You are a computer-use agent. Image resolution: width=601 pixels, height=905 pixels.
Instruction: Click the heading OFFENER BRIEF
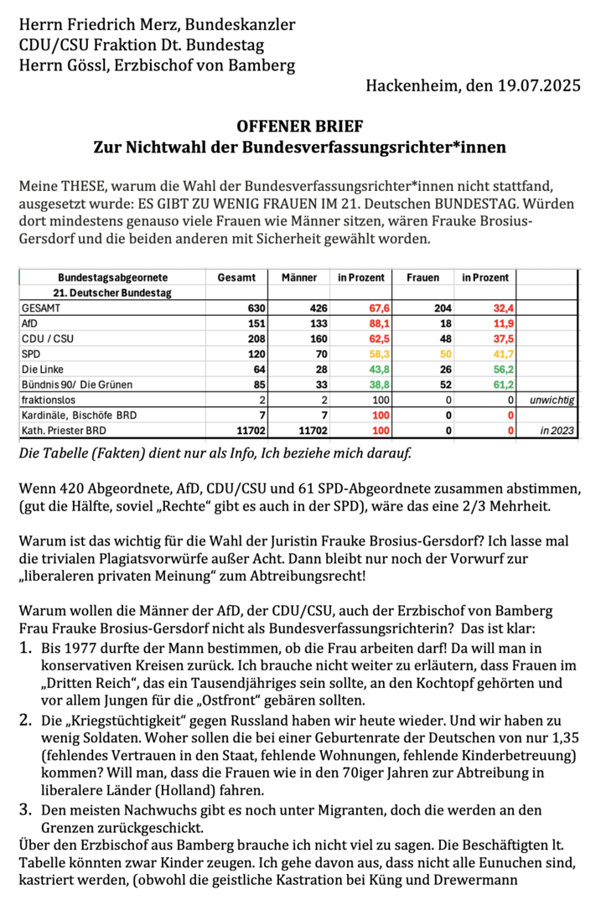coord(300,127)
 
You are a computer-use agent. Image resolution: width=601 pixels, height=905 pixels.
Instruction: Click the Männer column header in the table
coord(299,277)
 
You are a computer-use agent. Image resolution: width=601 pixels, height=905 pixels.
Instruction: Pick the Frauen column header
coord(422,277)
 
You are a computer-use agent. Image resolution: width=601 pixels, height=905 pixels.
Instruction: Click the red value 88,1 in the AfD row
coord(360,323)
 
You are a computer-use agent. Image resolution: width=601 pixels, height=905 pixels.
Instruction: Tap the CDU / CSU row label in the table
coord(46,339)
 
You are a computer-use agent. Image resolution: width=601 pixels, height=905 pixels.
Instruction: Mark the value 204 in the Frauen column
coord(443,308)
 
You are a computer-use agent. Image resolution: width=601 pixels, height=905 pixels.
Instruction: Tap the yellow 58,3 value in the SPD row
coord(360,354)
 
